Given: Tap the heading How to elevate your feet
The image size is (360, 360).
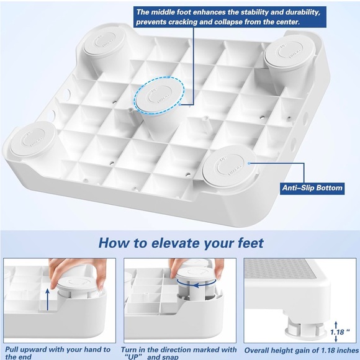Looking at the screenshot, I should pyautogui.click(x=181, y=242).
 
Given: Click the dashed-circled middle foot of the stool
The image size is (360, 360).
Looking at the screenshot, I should pyautogui.click(x=153, y=99).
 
